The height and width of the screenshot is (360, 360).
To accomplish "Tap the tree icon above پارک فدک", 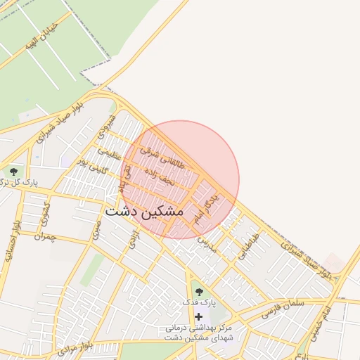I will pyautogui.click(x=198, y=289).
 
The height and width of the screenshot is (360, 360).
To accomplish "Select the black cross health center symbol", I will pyautogui.click(x=198, y=316).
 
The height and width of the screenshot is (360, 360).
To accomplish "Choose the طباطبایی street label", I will pyautogui.click(x=248, y=246).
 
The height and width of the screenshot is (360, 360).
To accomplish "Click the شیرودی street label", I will pyautogui.click(x=105, y=128).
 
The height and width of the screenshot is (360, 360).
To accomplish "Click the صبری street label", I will pyautogui.click(x=97, y=229).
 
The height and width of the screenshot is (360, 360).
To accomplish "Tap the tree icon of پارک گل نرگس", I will pyautogui.click(x=12, y=171).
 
